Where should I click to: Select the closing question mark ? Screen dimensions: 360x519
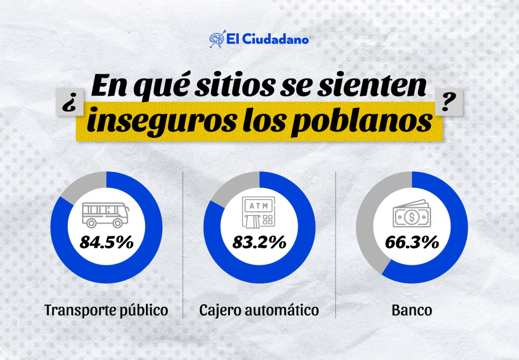[447, 100]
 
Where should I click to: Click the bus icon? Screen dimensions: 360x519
[105, 214]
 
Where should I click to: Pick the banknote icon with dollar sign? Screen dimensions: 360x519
[411, 215]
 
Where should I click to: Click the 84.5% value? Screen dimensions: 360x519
[106, 242]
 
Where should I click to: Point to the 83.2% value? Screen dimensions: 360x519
[259, 242]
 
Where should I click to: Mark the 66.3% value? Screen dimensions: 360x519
[412, 242]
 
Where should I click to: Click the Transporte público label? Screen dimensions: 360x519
[106, 310]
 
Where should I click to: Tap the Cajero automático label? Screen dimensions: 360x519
[259, 310]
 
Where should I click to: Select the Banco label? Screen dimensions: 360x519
[412, 310]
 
